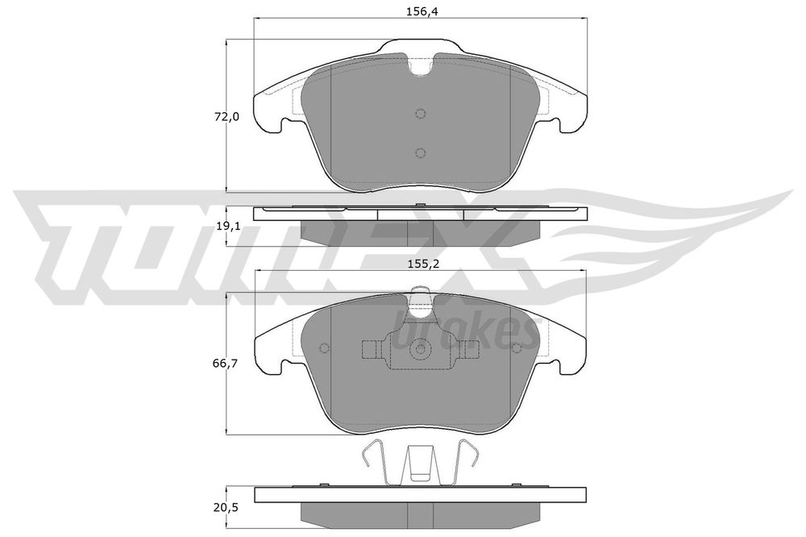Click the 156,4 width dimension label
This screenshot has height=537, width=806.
421,12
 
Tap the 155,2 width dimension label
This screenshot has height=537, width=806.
420,264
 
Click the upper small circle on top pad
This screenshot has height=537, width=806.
421,114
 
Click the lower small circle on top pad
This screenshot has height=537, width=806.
421,152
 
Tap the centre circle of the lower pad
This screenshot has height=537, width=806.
421,349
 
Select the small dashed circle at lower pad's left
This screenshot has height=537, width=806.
324,348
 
